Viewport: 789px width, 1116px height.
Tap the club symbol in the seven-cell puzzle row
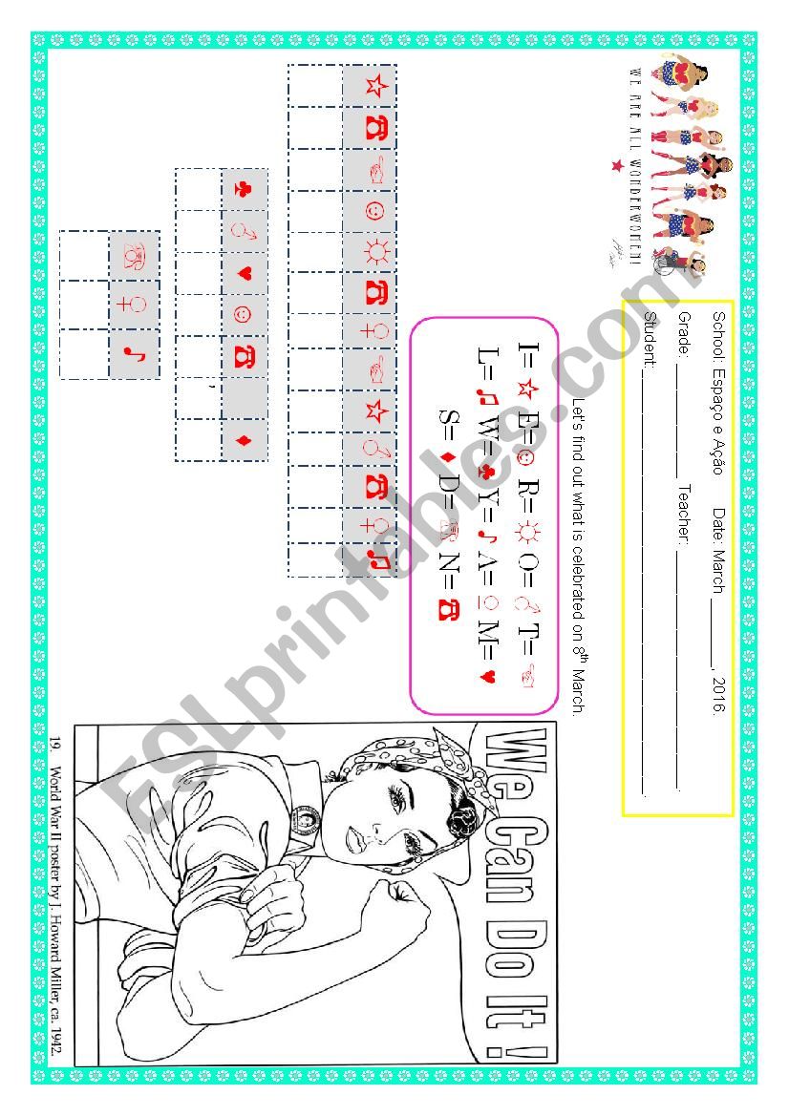point(244,189)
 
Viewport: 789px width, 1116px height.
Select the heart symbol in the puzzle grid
point(244,273)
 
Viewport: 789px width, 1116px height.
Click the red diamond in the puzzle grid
point(244,441)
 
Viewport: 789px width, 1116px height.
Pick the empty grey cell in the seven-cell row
point(244,398)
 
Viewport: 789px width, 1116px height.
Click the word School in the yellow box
point(718,330)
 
